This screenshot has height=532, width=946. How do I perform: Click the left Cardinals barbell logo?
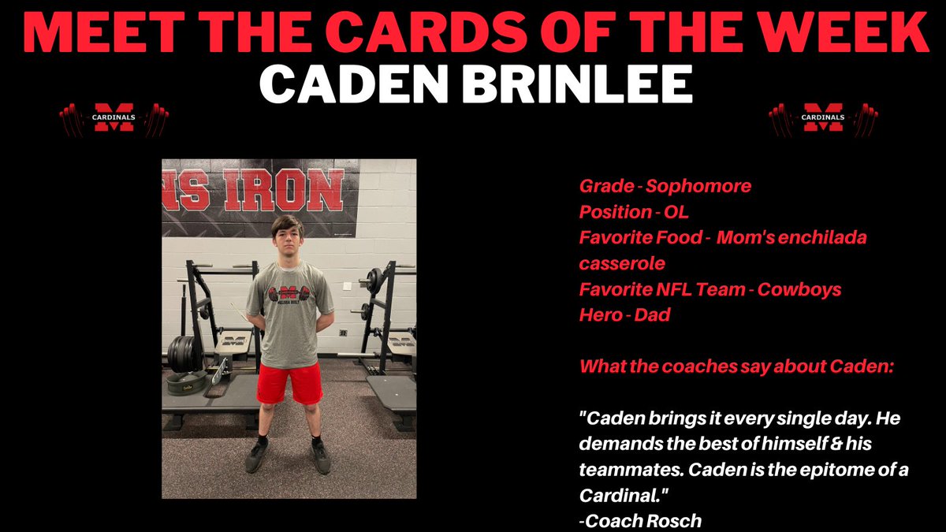click(x=114, y=118)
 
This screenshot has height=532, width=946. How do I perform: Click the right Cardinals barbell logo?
click(x=823, y=118)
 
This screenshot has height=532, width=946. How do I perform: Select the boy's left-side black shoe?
click(x=257, y=456)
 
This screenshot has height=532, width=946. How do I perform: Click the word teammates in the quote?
click(x=624, y=470)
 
